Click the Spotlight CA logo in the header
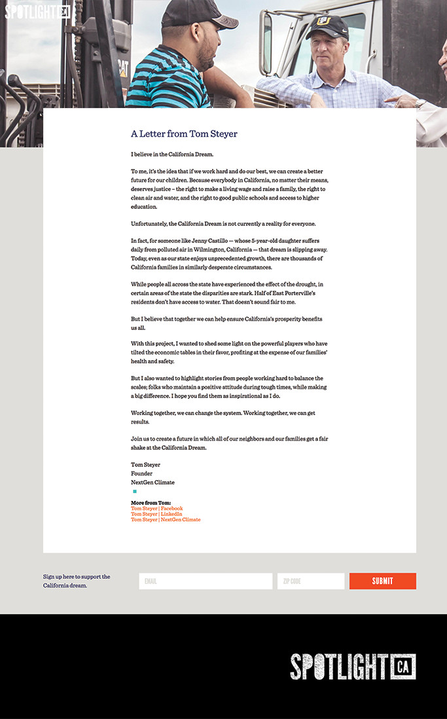(37, 12)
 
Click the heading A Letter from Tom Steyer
(184, 134)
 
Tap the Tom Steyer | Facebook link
(156, 509)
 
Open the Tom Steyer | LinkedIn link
(156, 514)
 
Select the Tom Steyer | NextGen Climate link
(166, 520)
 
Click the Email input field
(206, 581)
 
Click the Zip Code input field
(311, 581)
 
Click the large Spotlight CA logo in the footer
(353, 667)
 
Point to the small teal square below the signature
(135, 491)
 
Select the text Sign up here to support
(77, 577)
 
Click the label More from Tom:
(151, 503)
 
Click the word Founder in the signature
(141, 473)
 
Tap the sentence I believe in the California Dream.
(172, 155)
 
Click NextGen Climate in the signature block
(152, 483)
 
